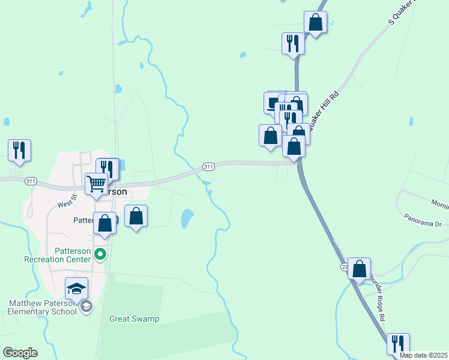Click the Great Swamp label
pos(134,319)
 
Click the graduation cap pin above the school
pos(77,288)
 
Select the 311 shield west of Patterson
pos(31,181)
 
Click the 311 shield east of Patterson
pos(208,166)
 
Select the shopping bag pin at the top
pos(315,23)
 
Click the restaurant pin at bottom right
pos(398,344)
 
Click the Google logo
pos(20,353)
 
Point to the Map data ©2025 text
pos(423,355)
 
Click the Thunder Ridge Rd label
pos(381,290)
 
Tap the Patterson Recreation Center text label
pos(57,254)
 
